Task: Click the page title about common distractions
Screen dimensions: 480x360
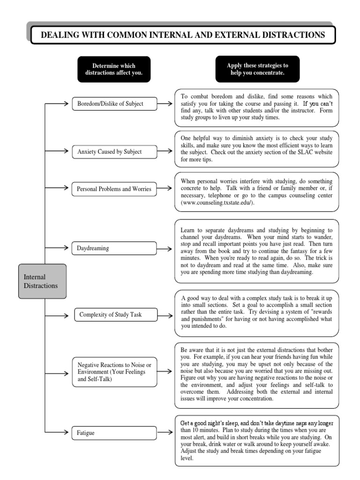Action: pyautogui.click(x=182, y=35)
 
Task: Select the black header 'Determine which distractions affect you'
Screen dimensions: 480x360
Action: pyautogui.click(x=114, y=69)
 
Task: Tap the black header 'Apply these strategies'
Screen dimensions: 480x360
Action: pyautogui.click(x=257, y=69)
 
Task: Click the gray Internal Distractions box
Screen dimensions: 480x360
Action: pyautogui.click(x=42, y=281)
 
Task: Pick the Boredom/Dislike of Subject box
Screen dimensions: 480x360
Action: pyautogui.click(x=114, y=104)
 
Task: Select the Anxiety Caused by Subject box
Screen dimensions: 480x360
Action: pyautogui.click(x=114, y=151)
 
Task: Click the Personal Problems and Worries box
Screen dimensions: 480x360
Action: pyautogui.click(x=114, y=189)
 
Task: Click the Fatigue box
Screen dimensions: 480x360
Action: pyautogui.click(x=114, y=433)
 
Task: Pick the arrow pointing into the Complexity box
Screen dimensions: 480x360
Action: pyautogui.click(x=61, y=315)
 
